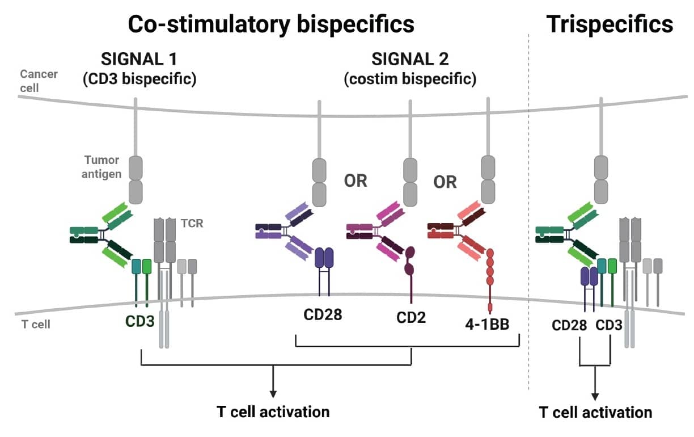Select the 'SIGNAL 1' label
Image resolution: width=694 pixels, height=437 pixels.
(x=139, y=59)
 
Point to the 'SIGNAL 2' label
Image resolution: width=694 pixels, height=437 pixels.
(x=409, y=59)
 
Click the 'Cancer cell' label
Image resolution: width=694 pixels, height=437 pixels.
(x=39, y=81)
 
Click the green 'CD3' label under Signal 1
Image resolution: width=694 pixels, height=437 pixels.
(x=139, y=321)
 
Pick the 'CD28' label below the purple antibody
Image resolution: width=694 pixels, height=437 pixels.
(x=321, y=314)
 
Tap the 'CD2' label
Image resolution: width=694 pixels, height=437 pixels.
(x=411, y=318)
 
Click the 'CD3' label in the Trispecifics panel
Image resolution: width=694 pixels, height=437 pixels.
(x=609, y=326)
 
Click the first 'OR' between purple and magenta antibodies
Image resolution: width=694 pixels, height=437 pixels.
(x=356, y=182)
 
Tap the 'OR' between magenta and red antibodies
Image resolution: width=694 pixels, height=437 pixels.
(x=445, y=182)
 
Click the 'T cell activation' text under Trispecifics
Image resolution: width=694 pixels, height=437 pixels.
(x=595, y=413)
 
